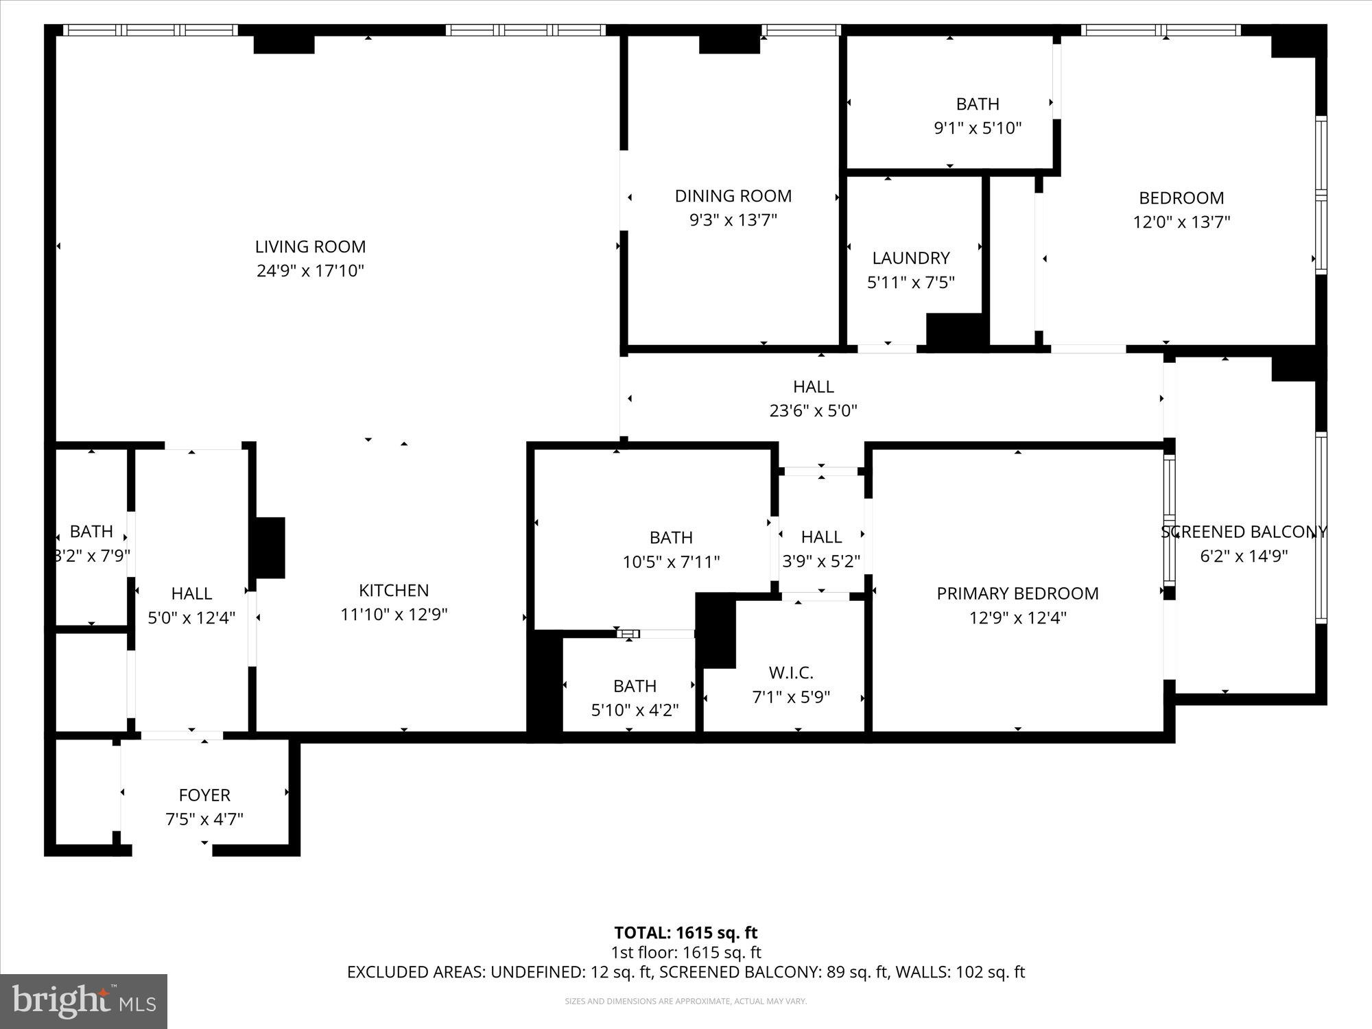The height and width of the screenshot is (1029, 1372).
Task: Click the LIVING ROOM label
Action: (x=310, y=247)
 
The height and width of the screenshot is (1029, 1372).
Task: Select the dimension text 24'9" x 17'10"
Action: (x=310, y=271)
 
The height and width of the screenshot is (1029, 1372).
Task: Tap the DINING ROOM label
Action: (x=733, y=196)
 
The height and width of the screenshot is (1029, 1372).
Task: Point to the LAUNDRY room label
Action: (x=910, y=259)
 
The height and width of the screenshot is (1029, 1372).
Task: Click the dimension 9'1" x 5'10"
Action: (x=978, y=128)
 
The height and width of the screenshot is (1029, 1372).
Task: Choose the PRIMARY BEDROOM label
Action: (x=1017, y=594)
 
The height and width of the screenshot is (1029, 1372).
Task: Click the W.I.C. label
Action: (x=791, y=673)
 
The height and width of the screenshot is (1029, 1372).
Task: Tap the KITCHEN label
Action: (x=394, y=591)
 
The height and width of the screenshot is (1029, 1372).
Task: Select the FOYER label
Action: (x=204, y=795)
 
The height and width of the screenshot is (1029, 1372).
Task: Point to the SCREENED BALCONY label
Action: (x=1243, y=532)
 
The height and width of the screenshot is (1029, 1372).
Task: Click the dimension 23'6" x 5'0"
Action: (x=813, y=411)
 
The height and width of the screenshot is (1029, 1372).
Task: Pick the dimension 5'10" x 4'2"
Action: (x=635, y=710)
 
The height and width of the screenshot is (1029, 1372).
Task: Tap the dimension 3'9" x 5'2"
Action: (x=821, y=561)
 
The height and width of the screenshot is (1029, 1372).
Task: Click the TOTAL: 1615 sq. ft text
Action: (x=685, y=933)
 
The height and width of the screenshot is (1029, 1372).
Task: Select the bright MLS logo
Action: (x=84, y=1002)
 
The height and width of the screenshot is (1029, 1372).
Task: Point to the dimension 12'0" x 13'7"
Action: (x=1181, y=222)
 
